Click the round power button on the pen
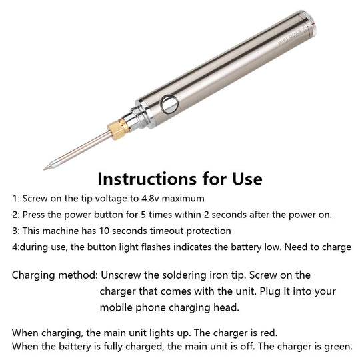[170, 104]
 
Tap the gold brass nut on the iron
[118, 130]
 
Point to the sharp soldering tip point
[44, 169]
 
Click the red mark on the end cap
[313, 24]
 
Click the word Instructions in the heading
[147, 179]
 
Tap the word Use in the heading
[247, 179]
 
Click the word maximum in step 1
[183, 199]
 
